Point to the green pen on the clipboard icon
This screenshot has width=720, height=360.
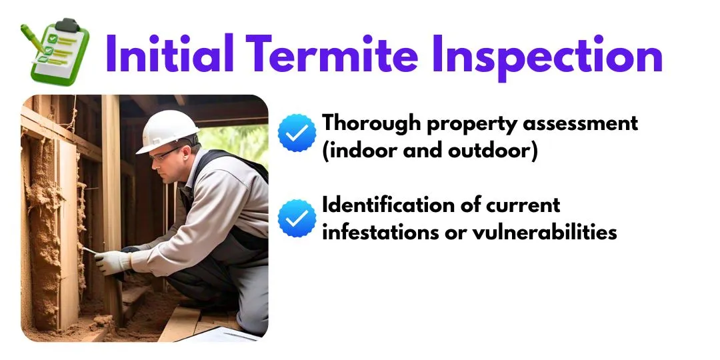click(x=31, y=37)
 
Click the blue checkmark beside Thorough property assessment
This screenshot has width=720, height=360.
click(x=297, y=133)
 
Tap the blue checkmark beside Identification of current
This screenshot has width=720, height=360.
click(x=297, y=218)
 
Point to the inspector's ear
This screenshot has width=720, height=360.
click(x=190, y=150)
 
